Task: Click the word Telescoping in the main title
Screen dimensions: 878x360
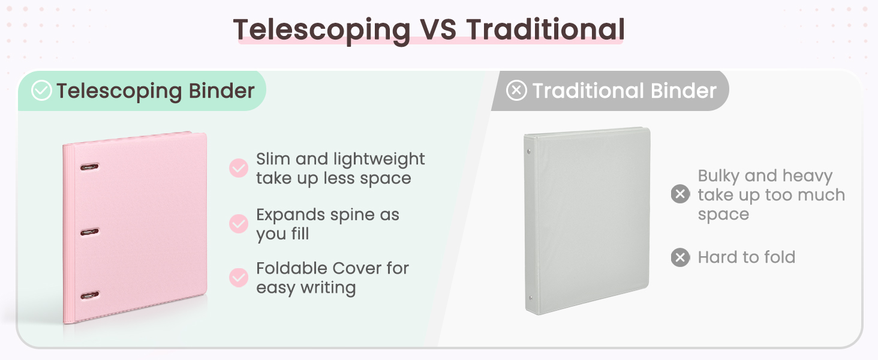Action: click(321, 31)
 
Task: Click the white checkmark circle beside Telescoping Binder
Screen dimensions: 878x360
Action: click(41, 90)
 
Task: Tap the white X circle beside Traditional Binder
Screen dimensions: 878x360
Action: click(516, 90)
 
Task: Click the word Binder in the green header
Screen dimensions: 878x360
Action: click(221, 91)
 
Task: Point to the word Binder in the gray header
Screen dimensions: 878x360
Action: click(684, 91)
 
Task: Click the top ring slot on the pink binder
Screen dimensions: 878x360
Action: click(89, 167)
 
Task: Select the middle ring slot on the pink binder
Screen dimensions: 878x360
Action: click(89, 232)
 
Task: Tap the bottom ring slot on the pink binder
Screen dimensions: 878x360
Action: click(90, 295)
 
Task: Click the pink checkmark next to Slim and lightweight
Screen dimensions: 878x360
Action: click(238, 168)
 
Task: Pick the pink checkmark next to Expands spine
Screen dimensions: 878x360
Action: click(238, 224)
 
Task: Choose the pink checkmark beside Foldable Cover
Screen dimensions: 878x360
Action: click(238, 278)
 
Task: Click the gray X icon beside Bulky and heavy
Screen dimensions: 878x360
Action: click(680, 194)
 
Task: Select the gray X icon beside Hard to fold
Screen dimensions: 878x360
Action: click(680, 257)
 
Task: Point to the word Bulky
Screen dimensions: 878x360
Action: click(718, 176)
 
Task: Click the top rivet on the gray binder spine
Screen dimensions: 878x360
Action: click(529, 151)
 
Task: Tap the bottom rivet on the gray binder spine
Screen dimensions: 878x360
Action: click(531, 298)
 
